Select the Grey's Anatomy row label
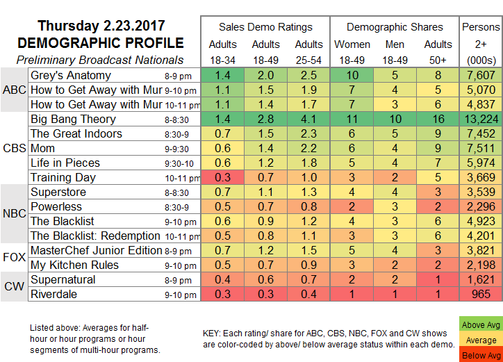(71, 75)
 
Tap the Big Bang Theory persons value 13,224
(481, 119)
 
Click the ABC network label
(14, 90)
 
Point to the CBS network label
(14, 148)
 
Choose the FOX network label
(14, 258)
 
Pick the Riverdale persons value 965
(481, 295)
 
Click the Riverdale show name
(56, 295)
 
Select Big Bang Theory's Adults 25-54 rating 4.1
(308, 119)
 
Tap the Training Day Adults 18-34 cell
(222, 177)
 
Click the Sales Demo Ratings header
(265, 27)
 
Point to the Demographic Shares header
(395, 27)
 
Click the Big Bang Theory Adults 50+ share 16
(438, 119)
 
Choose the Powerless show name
(56, 206)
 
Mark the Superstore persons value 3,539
(481, 192)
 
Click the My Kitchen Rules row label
(75, 265)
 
